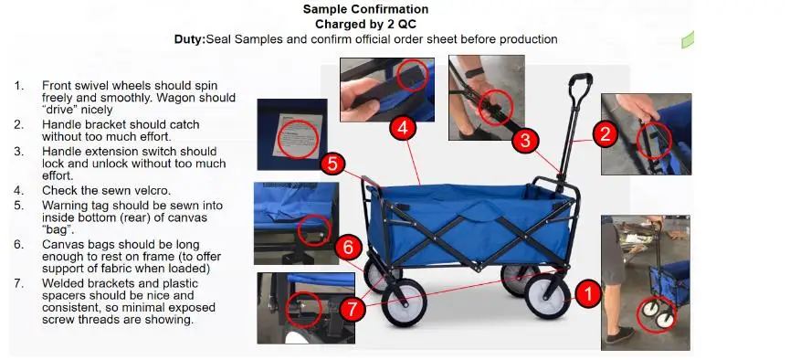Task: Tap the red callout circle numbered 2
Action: [606, 134]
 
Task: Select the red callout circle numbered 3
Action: [525, 141]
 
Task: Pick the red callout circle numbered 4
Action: [403, 128]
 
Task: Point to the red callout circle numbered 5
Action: [333, 164]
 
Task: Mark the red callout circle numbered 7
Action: [353, 309]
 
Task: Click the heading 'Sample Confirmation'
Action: [366, 9]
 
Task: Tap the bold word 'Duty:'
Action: [190, 39]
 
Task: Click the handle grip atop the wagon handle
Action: [581, 80]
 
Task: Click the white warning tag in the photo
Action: [298, 135]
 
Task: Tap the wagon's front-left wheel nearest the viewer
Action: [404, 302]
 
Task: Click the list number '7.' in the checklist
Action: [19, 283]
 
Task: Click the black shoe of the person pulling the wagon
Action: [620, 334]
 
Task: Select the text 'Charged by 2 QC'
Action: [366, 24]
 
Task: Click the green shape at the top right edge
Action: [688, 40]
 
